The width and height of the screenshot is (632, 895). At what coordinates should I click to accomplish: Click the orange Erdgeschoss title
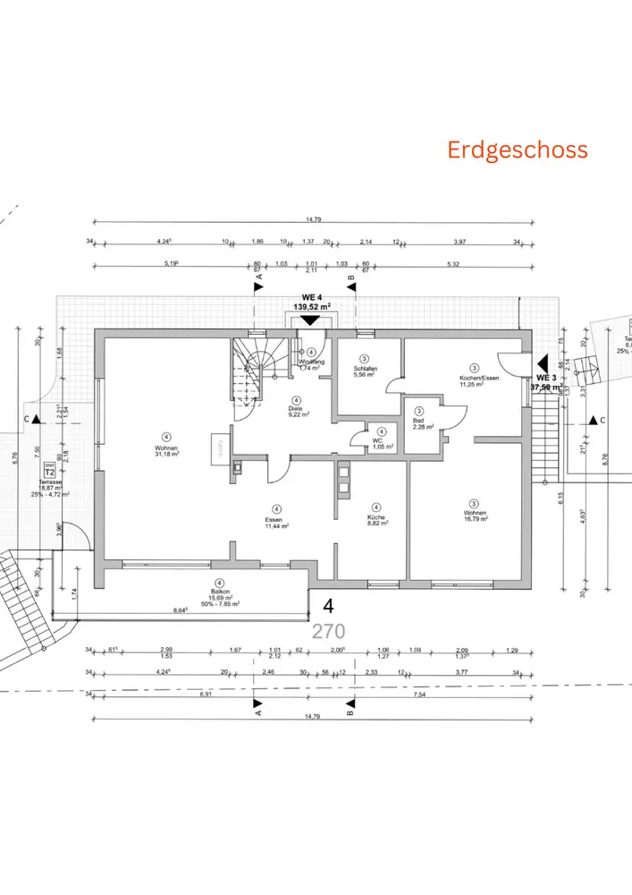518,149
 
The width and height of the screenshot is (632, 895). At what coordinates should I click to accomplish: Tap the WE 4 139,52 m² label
312,300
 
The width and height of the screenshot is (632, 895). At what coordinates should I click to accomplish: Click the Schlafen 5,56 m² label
365,371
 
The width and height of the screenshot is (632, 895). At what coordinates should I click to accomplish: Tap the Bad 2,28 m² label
423,422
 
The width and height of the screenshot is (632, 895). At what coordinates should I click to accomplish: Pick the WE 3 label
546,378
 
